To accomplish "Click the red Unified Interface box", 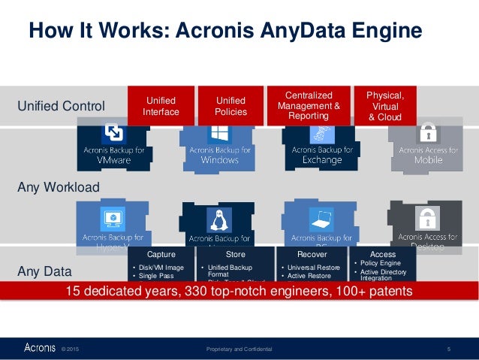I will click(x=161, y=106).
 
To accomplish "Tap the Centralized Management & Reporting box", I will click(x=308, y=106).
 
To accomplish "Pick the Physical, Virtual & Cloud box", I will click(x=384, y=106).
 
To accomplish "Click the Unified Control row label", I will click(x=61, y=106).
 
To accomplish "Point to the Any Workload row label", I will click(x=58, y=186).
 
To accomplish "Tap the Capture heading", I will click(x=161, y=255).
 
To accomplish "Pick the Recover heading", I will click(x=312, y=255).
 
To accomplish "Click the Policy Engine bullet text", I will click(x=382, y=265).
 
